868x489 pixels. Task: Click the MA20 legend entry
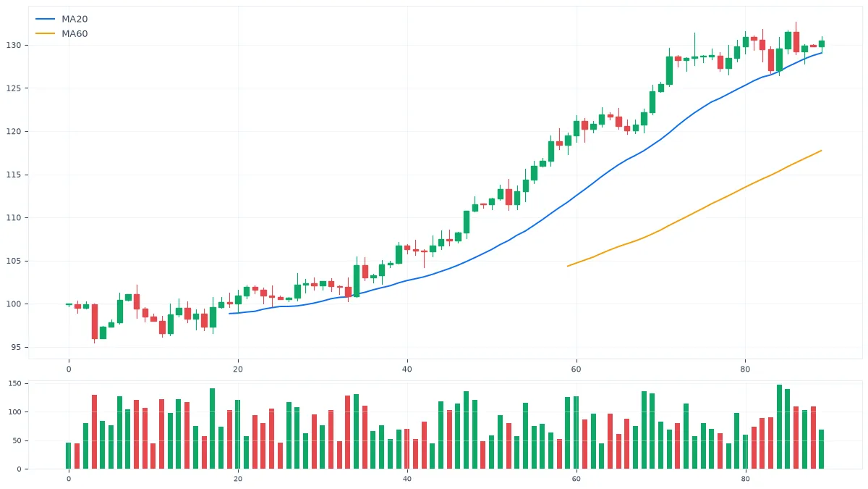pyautogui.click(x=61, y=19)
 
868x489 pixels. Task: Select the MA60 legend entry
pyautogui.click(x=61, y=34)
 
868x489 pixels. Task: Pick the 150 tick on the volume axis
pyautogui.click(x=14, y=383)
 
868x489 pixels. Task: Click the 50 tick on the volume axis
pyautogui.click(x=17, y=441)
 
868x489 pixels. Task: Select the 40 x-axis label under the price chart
pyautogui.click(x=407, y=369)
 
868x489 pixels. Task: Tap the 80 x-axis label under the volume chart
pyautogui.click(x=745, y=479)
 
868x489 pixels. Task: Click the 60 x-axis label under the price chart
pyautogui.click(x=576, y=369)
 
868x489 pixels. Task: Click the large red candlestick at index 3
pyautogui.click(x=95, y=322)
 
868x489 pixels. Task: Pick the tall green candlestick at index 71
pyautogui.click(x=669, y=70)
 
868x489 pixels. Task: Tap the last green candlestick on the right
pyautogui.click(x=822, y=44)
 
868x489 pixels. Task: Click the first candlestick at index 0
pyautogui.click(x=69, y=305)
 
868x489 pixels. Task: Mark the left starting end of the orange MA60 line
pyautogui.click(x=568, y=267)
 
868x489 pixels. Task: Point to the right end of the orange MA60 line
pyautogui.click(x=822, y=151)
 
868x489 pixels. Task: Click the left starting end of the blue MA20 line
pyautogui.click(x=229, y=314)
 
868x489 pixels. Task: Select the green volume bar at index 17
pyautogui.click(x=213, y=429)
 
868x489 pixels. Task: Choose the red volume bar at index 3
pyautogui.click(x=94, y=432)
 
